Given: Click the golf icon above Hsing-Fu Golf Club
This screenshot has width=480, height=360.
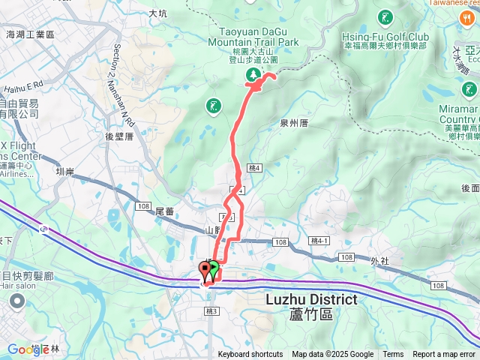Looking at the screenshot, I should [385, 16].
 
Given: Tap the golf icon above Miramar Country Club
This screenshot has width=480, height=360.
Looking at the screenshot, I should [469, 89].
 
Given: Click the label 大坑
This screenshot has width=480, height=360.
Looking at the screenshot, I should [158, 13].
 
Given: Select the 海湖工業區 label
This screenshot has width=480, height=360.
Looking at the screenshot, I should [31, 34].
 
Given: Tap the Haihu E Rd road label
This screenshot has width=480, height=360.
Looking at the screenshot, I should [24, 85].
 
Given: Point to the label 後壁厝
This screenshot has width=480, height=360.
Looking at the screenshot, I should [119, 136].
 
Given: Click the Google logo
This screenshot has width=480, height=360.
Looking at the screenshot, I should [28, 349].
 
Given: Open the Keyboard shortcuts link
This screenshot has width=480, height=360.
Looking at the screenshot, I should [250, 355].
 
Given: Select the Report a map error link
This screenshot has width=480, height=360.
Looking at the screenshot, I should [444, 355].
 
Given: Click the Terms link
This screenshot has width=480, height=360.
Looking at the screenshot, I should [393, 355].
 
